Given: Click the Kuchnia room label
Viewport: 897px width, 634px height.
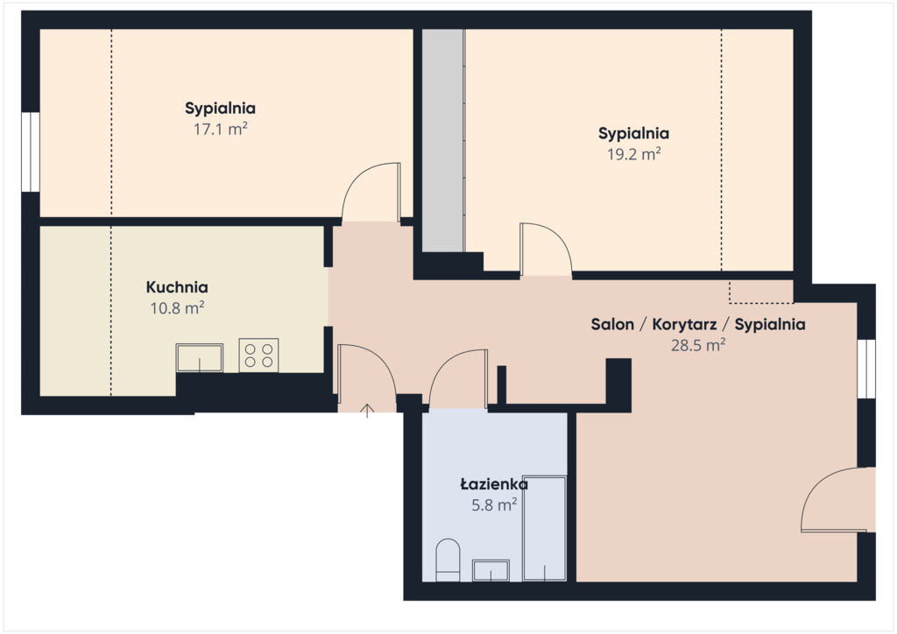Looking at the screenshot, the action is click(x=177, y=287).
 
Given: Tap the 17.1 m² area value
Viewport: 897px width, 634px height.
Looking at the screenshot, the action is click(x=220, y=130).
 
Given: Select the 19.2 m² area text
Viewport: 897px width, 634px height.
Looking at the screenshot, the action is click(x=634, y=154).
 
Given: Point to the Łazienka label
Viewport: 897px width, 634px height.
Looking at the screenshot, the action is click(x=494, y=484).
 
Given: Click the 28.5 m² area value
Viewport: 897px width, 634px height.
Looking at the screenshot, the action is click(x=698, y=345).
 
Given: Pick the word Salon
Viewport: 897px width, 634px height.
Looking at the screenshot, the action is click(x=612, y=325).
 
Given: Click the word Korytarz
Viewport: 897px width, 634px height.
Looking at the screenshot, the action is click(x=684, y=325).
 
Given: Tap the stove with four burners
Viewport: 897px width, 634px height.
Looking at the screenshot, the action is click(x=258, y=355).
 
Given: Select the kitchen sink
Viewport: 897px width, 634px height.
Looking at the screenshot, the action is click(x=199, y=358).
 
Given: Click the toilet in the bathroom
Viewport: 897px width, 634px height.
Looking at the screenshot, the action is click(x=448, y=560).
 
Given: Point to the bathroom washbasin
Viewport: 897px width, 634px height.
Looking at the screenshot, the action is click(x=491, y=571).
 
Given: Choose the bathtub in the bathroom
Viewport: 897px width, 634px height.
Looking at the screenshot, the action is click(x=545, y=528).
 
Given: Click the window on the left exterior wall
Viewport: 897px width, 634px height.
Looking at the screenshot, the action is click(x=31, y=151).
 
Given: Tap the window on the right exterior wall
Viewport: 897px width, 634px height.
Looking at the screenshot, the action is click(x=866, y=369).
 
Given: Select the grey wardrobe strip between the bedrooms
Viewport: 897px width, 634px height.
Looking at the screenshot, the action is click(x=443, y=140).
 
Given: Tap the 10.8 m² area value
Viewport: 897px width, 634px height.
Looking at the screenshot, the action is click(x=177, y=309).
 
